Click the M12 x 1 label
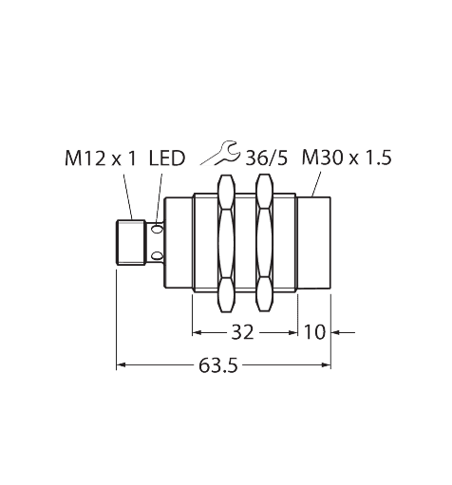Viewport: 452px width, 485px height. pos(100,159)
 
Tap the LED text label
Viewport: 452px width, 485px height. pos(167,159)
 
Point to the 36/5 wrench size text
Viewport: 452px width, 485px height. pos(267,159)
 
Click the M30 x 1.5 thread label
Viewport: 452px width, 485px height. pos(347,158)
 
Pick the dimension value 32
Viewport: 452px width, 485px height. pos(243,332)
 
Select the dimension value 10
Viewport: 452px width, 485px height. pos(314,332)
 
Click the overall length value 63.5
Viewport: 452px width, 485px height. pos(218,365)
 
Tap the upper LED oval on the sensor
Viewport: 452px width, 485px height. pos(157,229)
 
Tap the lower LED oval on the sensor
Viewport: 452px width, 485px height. pos(157,255)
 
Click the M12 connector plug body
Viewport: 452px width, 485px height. pos(131,242)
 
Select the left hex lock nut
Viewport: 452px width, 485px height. pos(227,243)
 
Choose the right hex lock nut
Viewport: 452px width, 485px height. pos(264,243)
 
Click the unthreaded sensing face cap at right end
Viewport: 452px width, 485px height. pos(314,243)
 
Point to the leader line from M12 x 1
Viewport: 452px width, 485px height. pos(128,196)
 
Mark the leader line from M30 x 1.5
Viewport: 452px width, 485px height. pos(316,184)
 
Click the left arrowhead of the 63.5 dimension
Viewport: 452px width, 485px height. pos(122,365)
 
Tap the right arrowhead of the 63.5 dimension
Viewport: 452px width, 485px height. pos(326,365)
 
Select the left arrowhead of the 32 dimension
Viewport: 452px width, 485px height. pos(198,332)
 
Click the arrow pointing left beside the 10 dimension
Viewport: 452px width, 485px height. pos(344,332)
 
